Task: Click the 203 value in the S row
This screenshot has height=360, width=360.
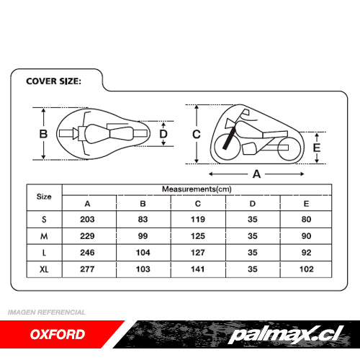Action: (87, 220)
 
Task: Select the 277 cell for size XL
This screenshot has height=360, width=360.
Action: (87, 269)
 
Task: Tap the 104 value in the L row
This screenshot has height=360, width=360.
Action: (143, 253)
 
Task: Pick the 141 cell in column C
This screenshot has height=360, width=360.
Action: (198, 269)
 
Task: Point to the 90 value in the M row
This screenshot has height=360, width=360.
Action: (307, 236)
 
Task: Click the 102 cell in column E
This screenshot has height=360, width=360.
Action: (307, 269)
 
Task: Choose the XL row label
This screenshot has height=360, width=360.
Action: (44, 269)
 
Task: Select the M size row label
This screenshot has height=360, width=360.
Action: (44, 236)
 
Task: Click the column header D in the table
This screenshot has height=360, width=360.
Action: (253, 204)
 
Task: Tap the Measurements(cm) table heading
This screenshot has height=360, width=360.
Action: (197, 189)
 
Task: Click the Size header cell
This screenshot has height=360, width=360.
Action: (44, 197)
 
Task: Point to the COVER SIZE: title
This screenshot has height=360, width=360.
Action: (53, 81)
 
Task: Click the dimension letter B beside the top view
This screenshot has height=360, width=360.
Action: (43, 134)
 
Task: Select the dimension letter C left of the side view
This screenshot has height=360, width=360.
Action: (197, 134)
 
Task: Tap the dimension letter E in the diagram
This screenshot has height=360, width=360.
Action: (317, 148)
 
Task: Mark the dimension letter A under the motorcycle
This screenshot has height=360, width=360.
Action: (256, 174)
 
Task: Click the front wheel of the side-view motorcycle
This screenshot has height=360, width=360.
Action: (227, 147)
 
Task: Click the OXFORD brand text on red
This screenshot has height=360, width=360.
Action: (58, 334)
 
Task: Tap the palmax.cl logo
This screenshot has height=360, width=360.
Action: (286, 334)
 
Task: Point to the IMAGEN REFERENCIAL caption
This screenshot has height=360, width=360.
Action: (47, 312)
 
